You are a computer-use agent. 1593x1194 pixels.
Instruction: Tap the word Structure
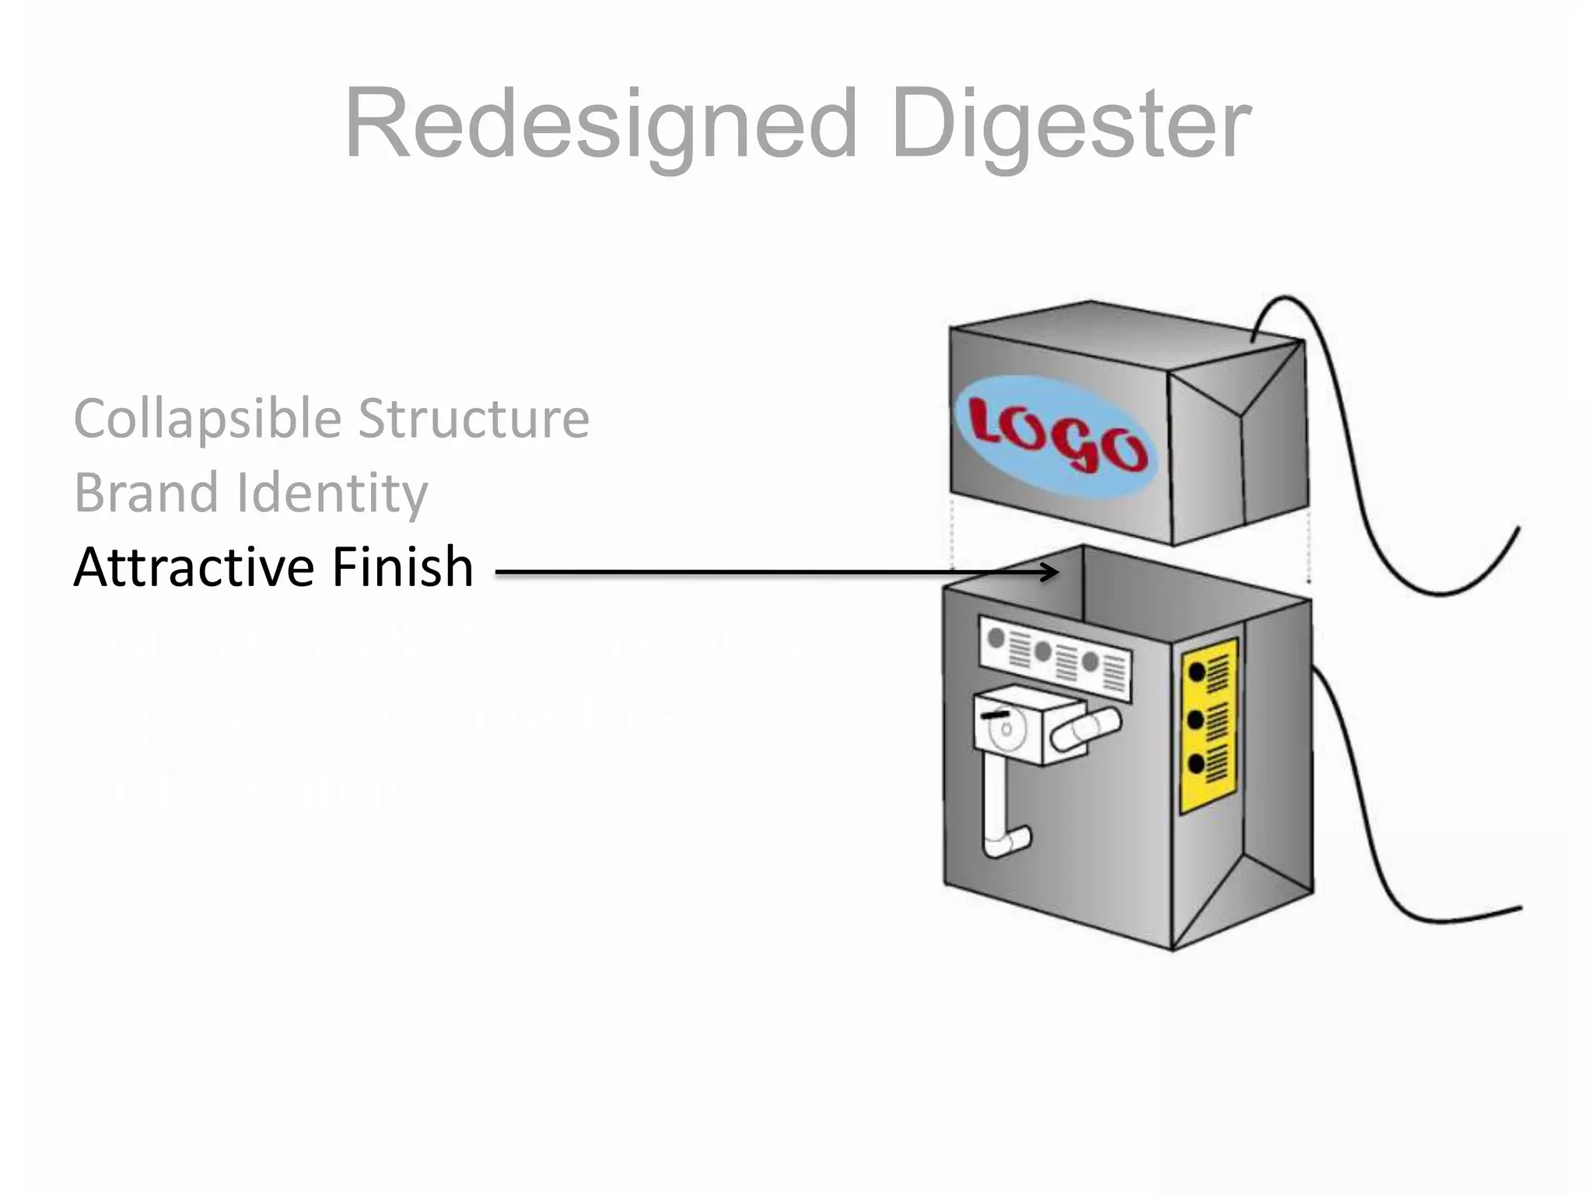click(x=473, y=419)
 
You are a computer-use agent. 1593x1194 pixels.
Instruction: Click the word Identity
click(x=332, y=494)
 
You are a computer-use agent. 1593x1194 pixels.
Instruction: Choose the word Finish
click(x=402, y=567)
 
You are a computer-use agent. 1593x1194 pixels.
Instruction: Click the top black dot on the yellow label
click(x=1197, y=672)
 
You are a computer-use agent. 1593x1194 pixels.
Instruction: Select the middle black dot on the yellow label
click(x=1196, y=719)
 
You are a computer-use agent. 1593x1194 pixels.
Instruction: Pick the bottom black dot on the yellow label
click(x=1196, y=765)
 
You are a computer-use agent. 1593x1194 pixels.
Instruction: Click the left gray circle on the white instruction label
click(x=996, y=639)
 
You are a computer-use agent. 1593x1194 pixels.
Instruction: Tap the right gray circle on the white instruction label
click(x=1091, y=662)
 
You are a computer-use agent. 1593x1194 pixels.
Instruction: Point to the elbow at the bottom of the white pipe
click(x=1010, y=841)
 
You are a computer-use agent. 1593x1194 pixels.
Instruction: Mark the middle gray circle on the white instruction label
click(x=1043, y=651)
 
